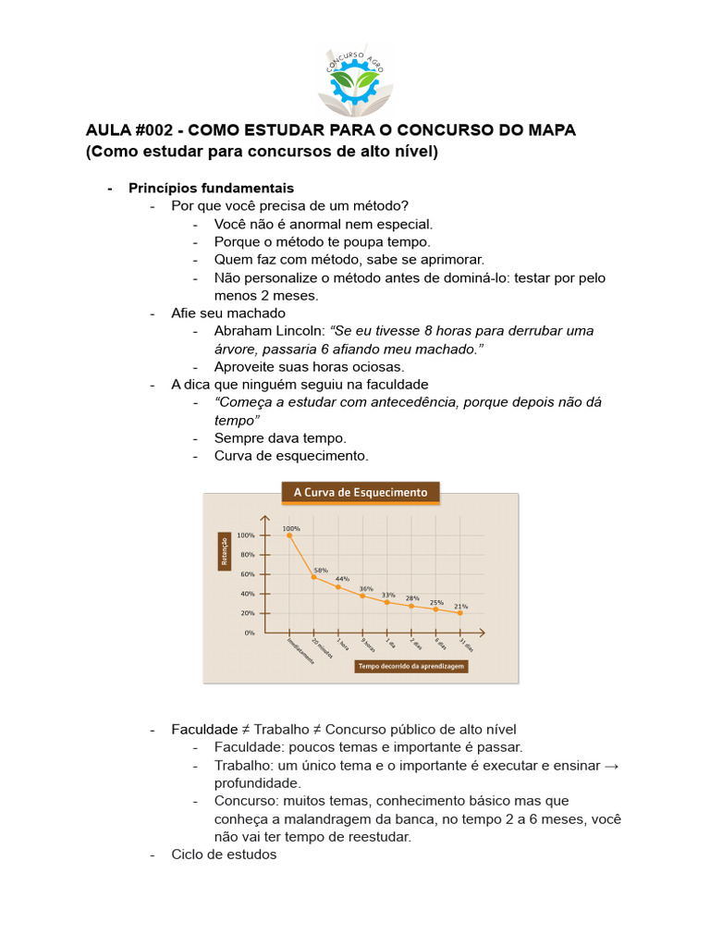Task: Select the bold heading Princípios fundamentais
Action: tap(211, 188)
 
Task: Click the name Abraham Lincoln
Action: tap(269, 330)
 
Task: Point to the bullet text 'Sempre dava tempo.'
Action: tap(280, 437)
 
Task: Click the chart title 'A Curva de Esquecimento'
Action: tap(361, 493)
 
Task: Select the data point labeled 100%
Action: tap(289, 535)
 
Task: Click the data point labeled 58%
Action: tap(313, 576)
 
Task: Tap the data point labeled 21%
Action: tap(459, 612)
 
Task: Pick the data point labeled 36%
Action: tap(362, 596)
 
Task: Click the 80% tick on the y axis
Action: tap(247, 555)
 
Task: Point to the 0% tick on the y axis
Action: tap(249, 633)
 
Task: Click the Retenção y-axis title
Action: tap(224, 551)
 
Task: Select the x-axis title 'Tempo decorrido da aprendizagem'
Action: tap(411, 666)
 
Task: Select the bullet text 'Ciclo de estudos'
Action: tap(224, 855)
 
